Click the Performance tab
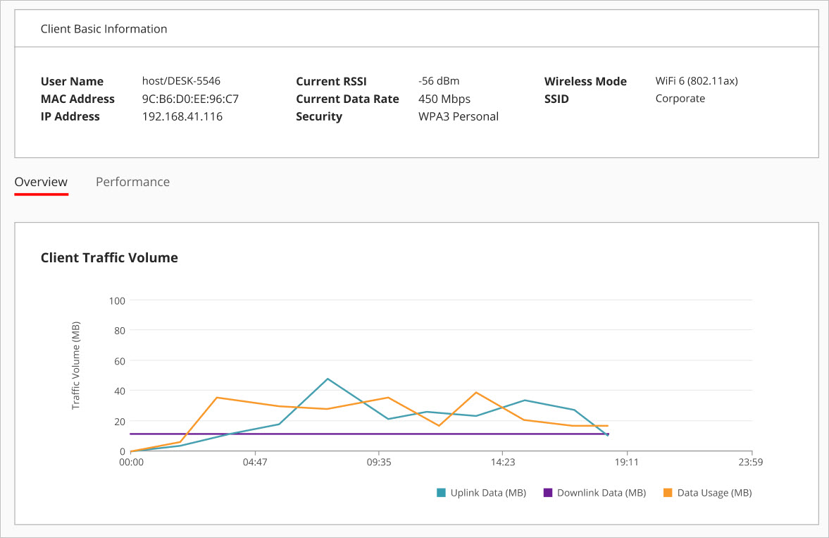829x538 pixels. click(132, 182)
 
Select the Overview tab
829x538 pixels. click(41, 182)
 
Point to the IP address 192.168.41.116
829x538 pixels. click(182, 117)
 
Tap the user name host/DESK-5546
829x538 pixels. click(181, 82)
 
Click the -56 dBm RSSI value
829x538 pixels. click(438, 82)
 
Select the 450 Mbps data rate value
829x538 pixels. click(444, 99)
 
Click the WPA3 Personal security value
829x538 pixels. click(458, 117)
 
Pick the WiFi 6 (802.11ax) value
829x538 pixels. click(696, 82)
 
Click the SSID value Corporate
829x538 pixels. click(680, 99)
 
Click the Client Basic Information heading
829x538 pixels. click(104, 30)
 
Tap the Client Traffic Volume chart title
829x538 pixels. click(109, 258)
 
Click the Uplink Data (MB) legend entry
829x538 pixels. click(481, 493)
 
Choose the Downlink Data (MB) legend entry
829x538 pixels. click(594, 493)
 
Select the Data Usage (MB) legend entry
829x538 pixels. click(708, 493)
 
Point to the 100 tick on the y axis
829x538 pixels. click(116, 301)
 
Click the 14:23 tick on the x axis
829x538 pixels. click(502, 463)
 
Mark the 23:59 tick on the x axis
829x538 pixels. click(752, 463)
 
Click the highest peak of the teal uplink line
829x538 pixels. click(328, 379)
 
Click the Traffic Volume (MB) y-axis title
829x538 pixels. click(76, 365)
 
